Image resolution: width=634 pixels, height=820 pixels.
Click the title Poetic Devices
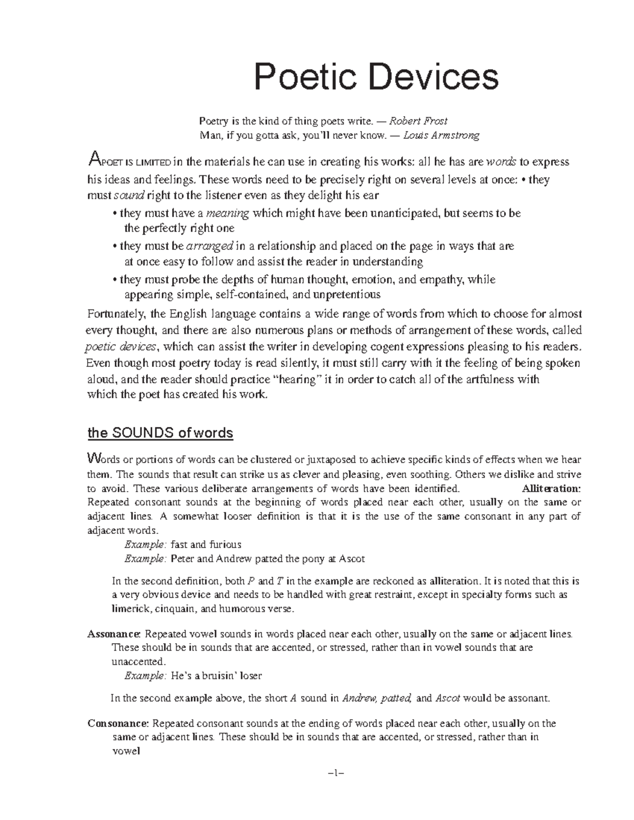pyautogui.click(x=376, y=77)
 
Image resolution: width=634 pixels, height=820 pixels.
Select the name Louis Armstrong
pyautogui.click(x=441, y=135)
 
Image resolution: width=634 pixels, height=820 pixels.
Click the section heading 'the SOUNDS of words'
pyautogui.click(x=160, y=433)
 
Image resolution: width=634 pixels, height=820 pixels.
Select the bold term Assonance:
pyautogui.click(x=114, y=634)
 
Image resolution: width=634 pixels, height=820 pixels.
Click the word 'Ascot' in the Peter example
pyautogui.click(x=352, y=558)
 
